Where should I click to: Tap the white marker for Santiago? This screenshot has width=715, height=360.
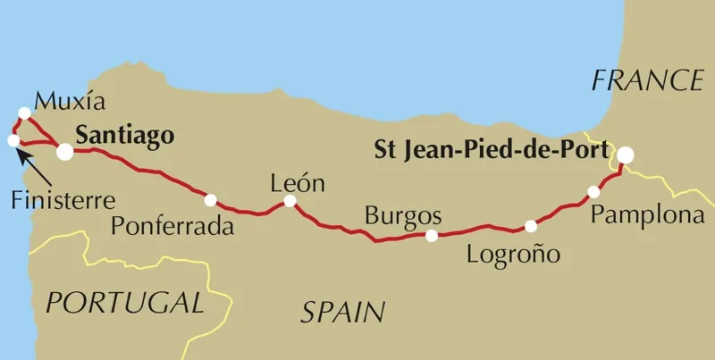(x=65, y=152)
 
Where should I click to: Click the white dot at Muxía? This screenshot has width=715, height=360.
(x=24, y=113)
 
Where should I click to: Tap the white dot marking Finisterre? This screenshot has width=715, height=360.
(x=13, y=140)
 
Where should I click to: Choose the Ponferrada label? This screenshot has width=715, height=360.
(x=172, y=226)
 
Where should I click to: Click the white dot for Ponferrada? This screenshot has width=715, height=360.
(x=210, y=199)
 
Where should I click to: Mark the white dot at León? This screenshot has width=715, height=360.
(x=290, y=202)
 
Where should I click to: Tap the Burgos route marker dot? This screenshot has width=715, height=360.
(x=432, y=236)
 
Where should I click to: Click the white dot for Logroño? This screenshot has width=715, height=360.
(x=531, y=226)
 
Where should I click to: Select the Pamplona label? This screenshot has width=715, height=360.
(x=641, y=216)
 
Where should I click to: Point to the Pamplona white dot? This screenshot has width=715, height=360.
(x=593, y=192)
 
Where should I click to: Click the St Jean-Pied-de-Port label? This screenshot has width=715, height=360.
(x=490, y=148)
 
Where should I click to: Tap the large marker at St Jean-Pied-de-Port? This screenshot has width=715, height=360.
(x=626, y=155)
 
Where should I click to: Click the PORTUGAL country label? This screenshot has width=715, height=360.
(x=124, y=303)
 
